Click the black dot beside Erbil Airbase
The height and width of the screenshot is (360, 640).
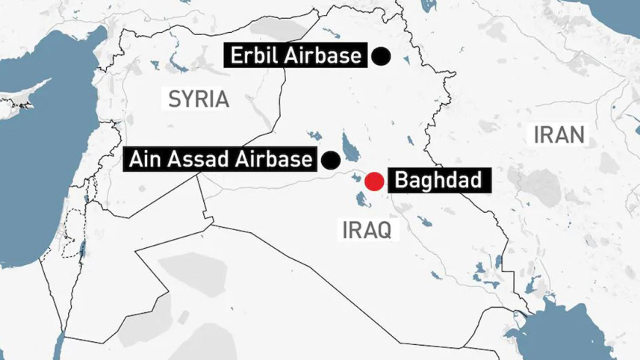point(382,56)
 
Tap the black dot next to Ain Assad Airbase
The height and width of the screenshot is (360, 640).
point(329,159)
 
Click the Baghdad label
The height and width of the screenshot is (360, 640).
point(432,180)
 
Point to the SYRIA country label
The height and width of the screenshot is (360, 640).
point(198,99)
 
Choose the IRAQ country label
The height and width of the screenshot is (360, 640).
point(366,229)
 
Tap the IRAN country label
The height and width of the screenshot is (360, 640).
point(559,135)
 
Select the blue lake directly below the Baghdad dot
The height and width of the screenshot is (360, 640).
point(362,199)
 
